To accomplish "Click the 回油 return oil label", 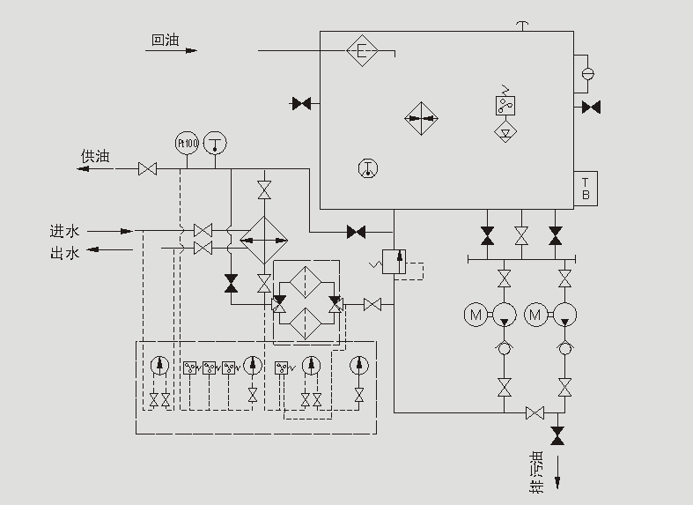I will pos(165,40).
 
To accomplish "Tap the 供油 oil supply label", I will pos(95,156).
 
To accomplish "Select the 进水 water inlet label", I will pos(64,231).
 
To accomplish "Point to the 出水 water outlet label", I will pos(64,255).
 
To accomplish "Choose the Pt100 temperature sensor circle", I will pos(187,143).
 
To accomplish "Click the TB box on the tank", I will pos(586,189).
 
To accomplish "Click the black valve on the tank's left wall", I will pos(301,104).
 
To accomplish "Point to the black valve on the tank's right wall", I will pos(591,108).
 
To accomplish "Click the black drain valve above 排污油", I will pos(557,435).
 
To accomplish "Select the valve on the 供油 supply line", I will pos(147,168).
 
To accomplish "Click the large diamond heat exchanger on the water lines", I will pos(264,239).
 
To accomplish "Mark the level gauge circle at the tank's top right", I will pos(587,73).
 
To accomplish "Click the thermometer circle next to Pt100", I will pos(215,143).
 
